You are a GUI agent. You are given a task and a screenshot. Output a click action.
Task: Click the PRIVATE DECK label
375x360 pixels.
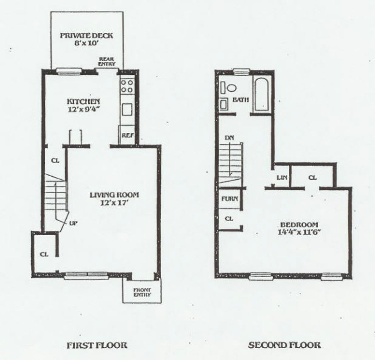click(86, 35)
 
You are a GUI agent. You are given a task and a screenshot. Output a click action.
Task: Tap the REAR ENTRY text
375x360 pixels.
click(107, 62)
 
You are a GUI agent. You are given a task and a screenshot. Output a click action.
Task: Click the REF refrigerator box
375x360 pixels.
click(127, 135)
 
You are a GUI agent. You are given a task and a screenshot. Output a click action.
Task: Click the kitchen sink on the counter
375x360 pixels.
click(127, 109)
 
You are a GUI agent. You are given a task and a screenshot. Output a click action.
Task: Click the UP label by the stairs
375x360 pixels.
click(74, 223)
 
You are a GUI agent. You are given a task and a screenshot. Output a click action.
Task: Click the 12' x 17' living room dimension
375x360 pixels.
click(114, 202)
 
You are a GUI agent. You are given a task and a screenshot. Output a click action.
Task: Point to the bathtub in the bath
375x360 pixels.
click(263, 94)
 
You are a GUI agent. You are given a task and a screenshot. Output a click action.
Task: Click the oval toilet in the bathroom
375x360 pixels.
click(231, 88)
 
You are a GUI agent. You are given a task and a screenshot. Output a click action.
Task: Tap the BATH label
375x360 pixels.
click(240, 100)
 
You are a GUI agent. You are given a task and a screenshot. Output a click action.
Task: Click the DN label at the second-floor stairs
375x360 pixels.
click(229, 138)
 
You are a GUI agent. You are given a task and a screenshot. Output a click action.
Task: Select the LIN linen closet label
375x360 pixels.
click(282, 178)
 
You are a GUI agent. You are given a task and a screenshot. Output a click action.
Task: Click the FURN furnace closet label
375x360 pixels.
click(230, 199)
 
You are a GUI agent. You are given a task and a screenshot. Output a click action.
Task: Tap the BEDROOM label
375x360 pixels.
click(299, 225)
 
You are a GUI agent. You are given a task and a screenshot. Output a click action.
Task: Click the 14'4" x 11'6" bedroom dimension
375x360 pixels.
click(299, 232)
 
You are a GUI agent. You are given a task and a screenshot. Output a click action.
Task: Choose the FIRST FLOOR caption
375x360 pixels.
click(97, 345)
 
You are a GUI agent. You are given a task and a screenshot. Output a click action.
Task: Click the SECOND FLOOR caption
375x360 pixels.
click(284, 345)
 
